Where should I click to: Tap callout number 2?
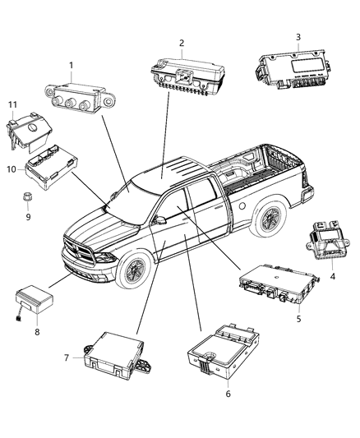181,43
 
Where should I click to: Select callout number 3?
298,37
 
